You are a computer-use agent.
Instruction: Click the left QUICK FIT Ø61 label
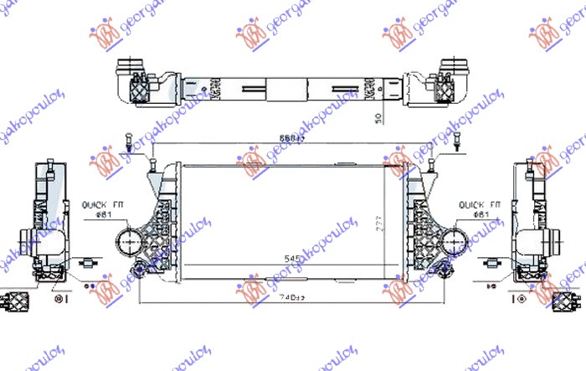102,209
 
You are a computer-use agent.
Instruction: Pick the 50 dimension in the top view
379,115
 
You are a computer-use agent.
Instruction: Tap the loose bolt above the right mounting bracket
459,142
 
